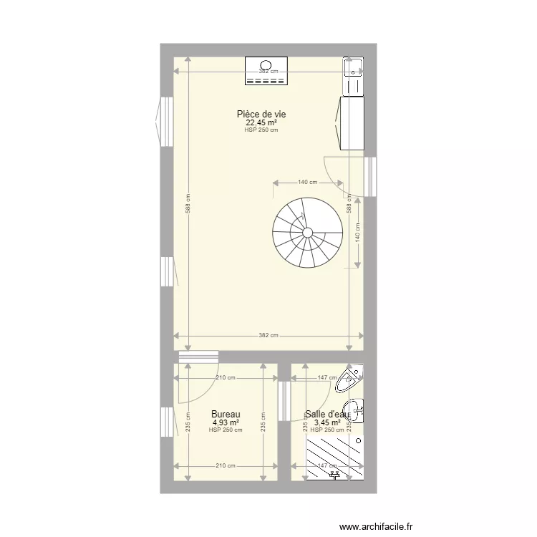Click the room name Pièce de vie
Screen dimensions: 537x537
tap(261, 114)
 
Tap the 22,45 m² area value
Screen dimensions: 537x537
tap(261, 122)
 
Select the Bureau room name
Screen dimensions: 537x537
tap(225, 414)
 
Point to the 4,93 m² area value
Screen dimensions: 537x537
tap(225, 422)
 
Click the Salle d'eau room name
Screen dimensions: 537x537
tap(327, 414)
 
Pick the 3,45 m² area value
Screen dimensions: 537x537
tap(327, 422)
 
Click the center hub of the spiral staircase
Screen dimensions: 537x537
tap(307, 232)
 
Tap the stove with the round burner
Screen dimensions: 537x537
tap(266, 72)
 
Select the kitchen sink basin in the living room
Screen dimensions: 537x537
tap(353, 67)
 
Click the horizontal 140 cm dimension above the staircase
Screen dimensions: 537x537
tap(307, 183)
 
